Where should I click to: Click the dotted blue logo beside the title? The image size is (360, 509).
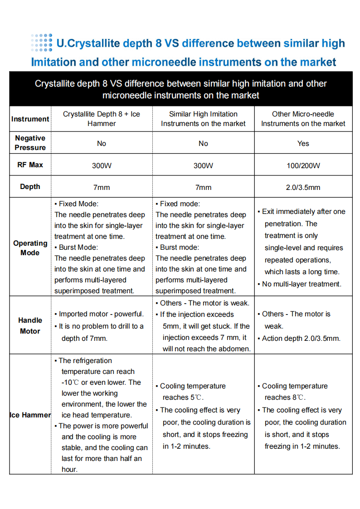pos(42,42)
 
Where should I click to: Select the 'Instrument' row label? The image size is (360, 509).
pos(30,119)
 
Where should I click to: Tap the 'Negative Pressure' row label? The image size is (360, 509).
pos(30,143)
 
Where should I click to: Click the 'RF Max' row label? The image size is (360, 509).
pos(30,165)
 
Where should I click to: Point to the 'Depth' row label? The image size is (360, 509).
pos(30,187)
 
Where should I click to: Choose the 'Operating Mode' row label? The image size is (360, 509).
pos(30,247)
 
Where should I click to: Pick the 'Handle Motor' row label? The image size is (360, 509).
pos(30,325)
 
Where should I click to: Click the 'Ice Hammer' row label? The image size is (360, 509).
pos(30,415)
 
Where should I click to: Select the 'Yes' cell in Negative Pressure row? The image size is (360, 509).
pos(303,144)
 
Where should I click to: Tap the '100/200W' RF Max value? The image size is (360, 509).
pos(303,165)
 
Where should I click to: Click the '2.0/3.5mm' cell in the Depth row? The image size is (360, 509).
pos(303,187)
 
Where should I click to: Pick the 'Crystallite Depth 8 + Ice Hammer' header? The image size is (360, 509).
pos(102,119)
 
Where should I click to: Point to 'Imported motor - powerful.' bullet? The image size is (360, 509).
pos(101,314)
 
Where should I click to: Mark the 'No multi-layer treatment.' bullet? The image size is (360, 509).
pos(302,284)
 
